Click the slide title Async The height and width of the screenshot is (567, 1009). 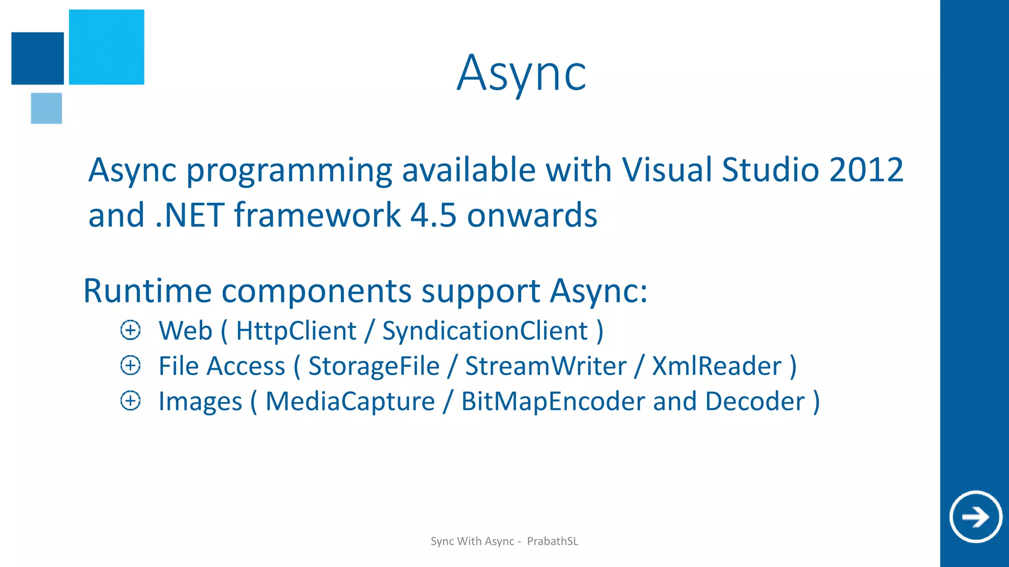point(521,74)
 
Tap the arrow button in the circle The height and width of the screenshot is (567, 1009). point(975,517)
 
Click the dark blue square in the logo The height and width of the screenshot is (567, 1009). point(37,58)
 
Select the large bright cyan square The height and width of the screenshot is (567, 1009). point(106,47)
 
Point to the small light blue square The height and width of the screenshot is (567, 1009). point(46,108)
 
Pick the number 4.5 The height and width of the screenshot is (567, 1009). point(433,215)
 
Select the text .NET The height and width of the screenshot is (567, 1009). point(190,215)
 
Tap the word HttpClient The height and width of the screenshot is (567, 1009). point(296,331)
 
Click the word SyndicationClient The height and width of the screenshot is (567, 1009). point(485,331)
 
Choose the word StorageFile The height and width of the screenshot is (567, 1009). point(373,366)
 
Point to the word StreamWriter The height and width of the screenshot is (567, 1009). point(545,366)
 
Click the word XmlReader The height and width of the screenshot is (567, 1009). point(716,366)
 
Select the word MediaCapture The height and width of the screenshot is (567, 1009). point(350,402)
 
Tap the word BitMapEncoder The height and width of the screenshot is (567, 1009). point(553,402)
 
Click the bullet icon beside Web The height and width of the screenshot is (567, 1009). point(131,330)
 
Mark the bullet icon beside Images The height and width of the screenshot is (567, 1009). point(131,401)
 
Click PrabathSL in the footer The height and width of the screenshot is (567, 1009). point(552,541)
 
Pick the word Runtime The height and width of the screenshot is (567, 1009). point(146,291)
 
